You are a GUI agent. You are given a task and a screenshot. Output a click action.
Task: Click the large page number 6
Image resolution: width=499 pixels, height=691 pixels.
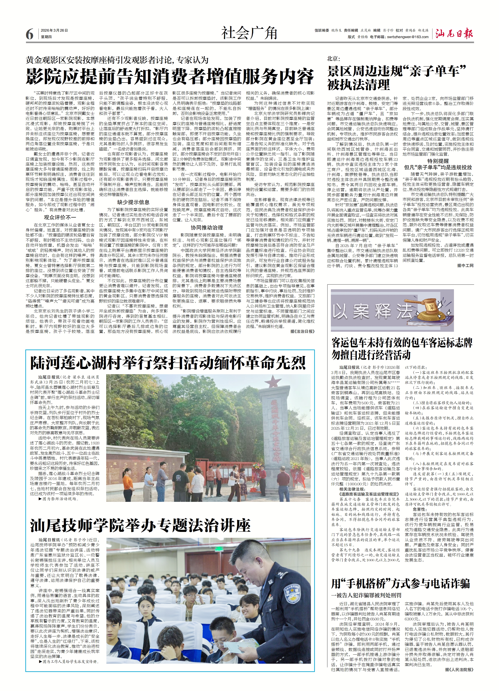point(29,34)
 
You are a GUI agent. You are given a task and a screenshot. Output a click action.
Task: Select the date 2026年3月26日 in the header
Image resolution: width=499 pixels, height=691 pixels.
point(54,31)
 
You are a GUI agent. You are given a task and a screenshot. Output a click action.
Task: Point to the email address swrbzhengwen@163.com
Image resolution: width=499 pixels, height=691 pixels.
point(408,37)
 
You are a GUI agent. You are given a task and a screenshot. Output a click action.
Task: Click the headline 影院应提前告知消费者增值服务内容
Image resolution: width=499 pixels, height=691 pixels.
point(170,76)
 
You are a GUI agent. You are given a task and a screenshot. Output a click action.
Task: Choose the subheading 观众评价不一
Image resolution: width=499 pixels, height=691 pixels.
point(60,217)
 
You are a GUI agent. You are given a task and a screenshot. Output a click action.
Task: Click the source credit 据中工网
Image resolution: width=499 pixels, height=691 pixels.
point(465,266)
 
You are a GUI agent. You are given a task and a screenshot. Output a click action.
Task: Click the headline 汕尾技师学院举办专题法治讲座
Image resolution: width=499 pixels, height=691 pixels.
point(140,525)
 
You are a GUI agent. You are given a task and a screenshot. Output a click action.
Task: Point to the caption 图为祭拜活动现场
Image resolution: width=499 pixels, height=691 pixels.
point(59,499)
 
